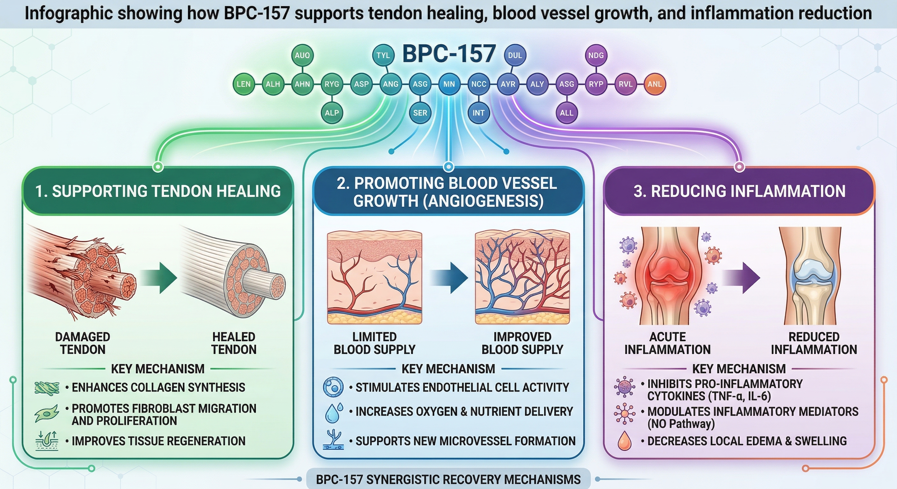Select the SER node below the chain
[420, 113]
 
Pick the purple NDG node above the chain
[596, 55]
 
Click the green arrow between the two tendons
[160, 278]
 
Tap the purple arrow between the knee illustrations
[742, 278]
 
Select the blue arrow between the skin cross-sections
[449, 278]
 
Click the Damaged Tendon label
[83, 343]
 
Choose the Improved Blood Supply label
[522, 343]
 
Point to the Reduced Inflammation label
[814, 343]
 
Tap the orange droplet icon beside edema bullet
[624, 441]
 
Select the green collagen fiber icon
[47, 387]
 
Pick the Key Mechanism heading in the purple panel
[739, 369]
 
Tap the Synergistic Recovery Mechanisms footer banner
[448, 479]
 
